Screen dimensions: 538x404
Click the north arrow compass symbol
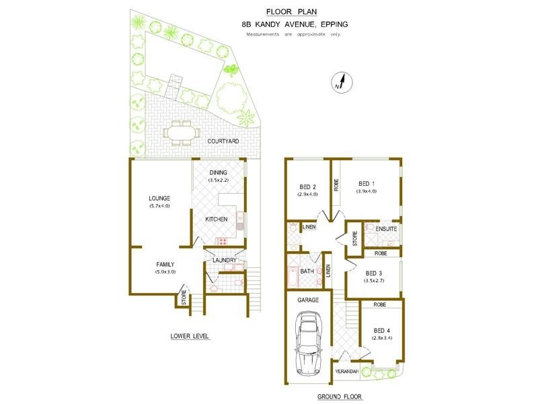point(342,83)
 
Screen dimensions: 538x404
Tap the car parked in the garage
point(309,343)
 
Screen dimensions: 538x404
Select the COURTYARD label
point(223,141)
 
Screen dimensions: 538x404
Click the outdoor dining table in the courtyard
point(180,133)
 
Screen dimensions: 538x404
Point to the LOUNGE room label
point(159,198)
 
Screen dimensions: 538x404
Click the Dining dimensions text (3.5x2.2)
point(218,180)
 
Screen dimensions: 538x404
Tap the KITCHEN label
point(216,220)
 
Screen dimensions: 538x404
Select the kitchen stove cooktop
point(222,241)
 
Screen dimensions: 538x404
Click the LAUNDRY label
point(225,260)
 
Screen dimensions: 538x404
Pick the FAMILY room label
point(165,264)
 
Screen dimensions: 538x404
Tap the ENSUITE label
point(386,229)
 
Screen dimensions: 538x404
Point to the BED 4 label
point(381,331)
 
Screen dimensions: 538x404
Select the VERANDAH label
point(346,372)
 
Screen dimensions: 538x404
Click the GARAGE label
point(308,300)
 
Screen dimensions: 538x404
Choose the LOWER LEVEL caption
point(190,336)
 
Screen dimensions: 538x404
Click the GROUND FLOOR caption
point(340,397)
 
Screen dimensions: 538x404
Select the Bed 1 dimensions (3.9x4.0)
point(367,191)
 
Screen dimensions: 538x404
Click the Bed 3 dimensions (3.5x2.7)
point(374,280)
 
